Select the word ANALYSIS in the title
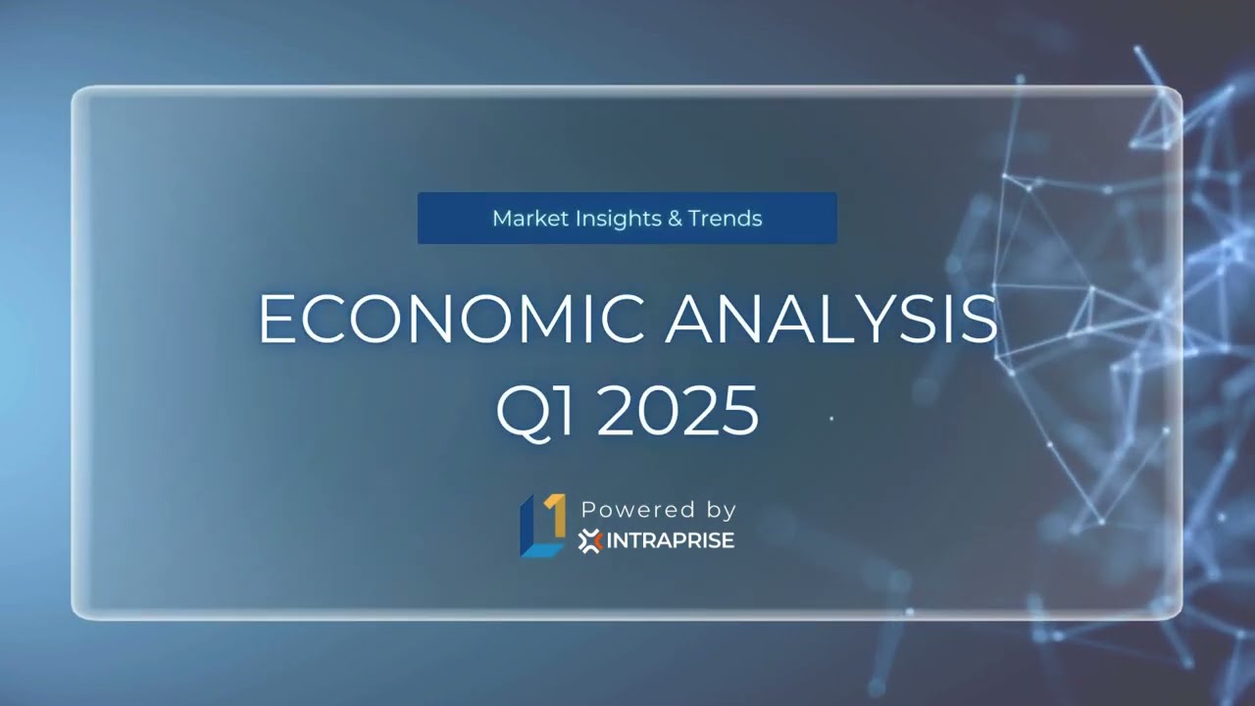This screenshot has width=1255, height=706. pyautogui.click(x=831, y=319)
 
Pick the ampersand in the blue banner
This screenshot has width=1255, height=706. pyautogui.click(x=675, y=219)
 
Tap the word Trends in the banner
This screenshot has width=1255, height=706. pyautogui.click(x=725, y=219)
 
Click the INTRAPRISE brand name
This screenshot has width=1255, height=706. pyautogui.click(x=671, y=540)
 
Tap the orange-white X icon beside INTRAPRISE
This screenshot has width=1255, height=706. pyautogui.click(x=589, y=541)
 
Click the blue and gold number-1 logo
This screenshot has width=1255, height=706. pyautogui.click(x=542, y=526)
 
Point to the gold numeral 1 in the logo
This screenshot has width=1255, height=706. pyautogui.click(x=555, y=514)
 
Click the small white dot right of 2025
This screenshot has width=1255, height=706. pyautogui.click(x=831, y=419)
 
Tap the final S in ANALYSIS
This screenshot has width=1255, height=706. pyautogui.click(x=979, y=319)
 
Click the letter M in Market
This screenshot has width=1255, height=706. pyautogui.click(x=501, y=219)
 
